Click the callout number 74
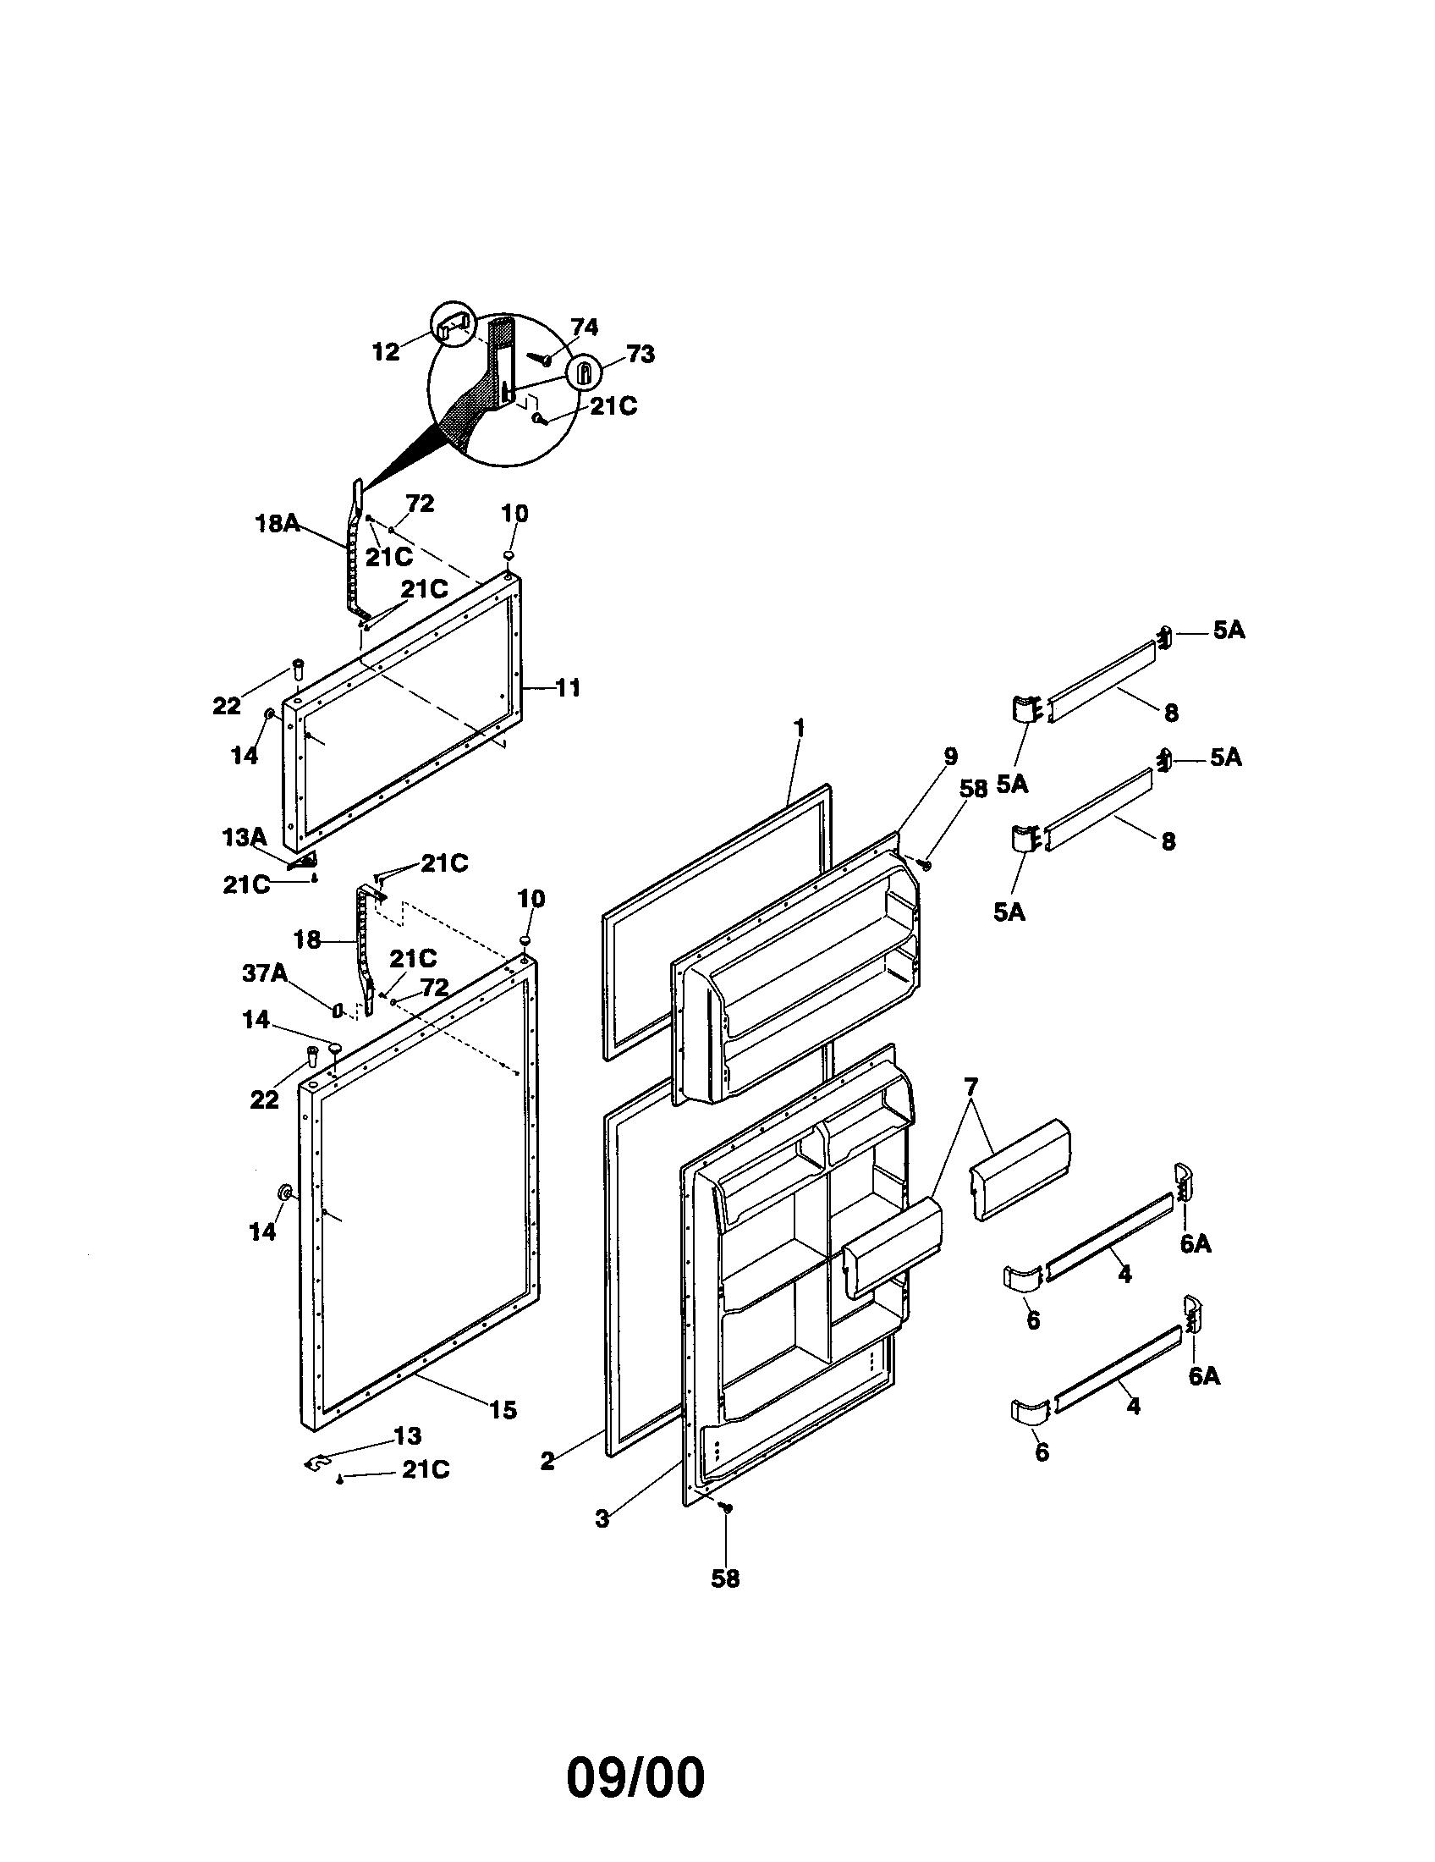pos(584,328)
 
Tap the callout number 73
pos(640,355)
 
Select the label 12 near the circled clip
pos(385,352)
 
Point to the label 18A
pos(278,523)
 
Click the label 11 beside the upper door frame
pos(568,687)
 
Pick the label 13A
pos(245,838)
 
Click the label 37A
pos(264,972)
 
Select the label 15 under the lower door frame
pos(503,1410)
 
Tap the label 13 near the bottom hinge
pos(407,1435)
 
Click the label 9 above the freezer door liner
pos(950,756)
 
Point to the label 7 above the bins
pos(970,1086)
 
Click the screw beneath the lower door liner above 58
pos(726,1507)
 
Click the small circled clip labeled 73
pos(585,373)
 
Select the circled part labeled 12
pos(453,324)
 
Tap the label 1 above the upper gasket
pos(799,728)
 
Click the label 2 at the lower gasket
pos(547,1462)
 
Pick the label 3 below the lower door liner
pos(602,1518)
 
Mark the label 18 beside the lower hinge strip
pos(307,939)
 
